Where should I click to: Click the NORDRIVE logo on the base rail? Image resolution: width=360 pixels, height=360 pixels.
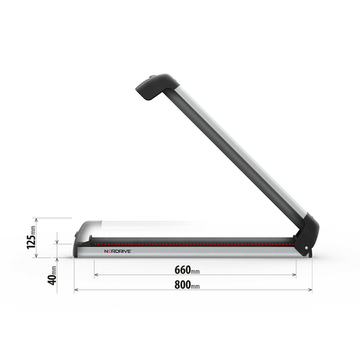click(x=118, y=252)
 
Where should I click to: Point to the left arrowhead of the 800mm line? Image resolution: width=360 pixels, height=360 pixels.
click(x=76, y=290)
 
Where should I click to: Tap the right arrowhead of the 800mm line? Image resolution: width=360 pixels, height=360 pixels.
click(x=314, y=290)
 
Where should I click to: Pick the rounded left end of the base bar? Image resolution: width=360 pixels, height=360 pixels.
click(x=80, y=235)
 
